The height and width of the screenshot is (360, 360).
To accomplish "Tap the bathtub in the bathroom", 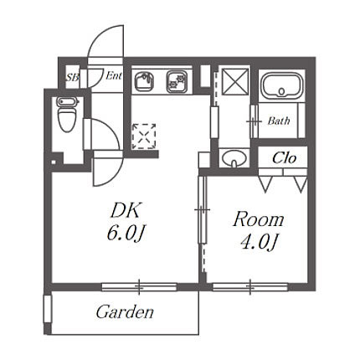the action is click(281, 86).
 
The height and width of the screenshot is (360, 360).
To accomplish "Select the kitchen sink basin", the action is click(144, 81).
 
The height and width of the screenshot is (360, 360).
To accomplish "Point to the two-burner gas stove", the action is click(177, 81).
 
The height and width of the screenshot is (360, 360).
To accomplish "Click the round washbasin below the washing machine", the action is click(234, 158).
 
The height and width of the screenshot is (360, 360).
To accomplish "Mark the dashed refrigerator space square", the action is click(144, 136).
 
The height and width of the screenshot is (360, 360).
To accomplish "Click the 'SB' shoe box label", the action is click(73, 77).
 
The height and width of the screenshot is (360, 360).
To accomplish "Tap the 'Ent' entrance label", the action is click(114, 75).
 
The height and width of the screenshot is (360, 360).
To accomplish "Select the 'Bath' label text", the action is click(279, 121).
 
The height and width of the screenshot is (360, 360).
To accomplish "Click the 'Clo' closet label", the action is click(284, 158).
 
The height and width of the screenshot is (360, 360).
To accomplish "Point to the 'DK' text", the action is click(125, 211).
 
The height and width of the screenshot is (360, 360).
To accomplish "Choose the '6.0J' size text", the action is click(126, 234).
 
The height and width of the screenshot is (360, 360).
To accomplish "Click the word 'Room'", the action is click(259, 219).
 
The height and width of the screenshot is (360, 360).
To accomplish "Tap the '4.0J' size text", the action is click(260, 241).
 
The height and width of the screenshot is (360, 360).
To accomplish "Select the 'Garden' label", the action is click(125, 311).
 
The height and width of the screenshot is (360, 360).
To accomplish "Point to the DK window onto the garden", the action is click(139, 287).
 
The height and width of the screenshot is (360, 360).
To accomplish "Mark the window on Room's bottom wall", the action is click(250, 287).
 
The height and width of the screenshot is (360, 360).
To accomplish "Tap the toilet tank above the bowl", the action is click(66, 101).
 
